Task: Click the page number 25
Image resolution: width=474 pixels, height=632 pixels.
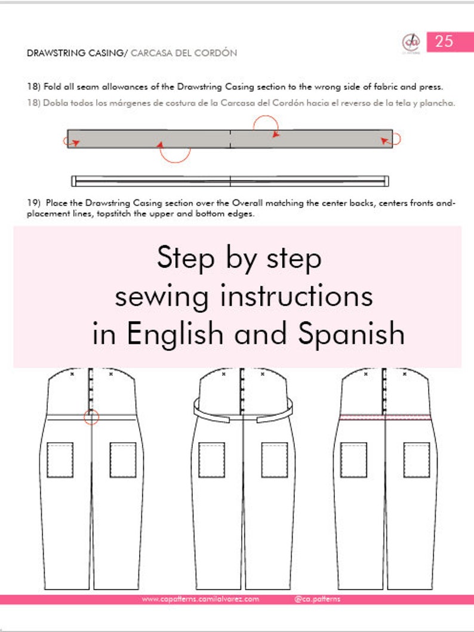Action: (444, 41)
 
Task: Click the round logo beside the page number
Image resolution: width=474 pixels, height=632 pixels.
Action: (411, 42)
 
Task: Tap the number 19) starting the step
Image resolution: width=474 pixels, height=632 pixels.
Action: (33, 204)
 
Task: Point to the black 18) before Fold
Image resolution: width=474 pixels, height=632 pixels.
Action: (33, 87)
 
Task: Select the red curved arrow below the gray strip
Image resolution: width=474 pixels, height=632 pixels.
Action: (174, 152)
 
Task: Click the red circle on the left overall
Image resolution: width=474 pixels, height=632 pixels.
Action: (91, 417)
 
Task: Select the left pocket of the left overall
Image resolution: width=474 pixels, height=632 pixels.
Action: (60, 460)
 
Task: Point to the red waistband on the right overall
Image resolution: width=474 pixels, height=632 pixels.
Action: (384, 417)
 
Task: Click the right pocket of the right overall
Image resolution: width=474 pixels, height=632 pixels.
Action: (416, 460)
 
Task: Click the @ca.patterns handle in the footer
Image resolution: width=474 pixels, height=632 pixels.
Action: (317, 599)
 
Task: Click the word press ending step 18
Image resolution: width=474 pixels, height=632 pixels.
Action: (432, 87)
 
